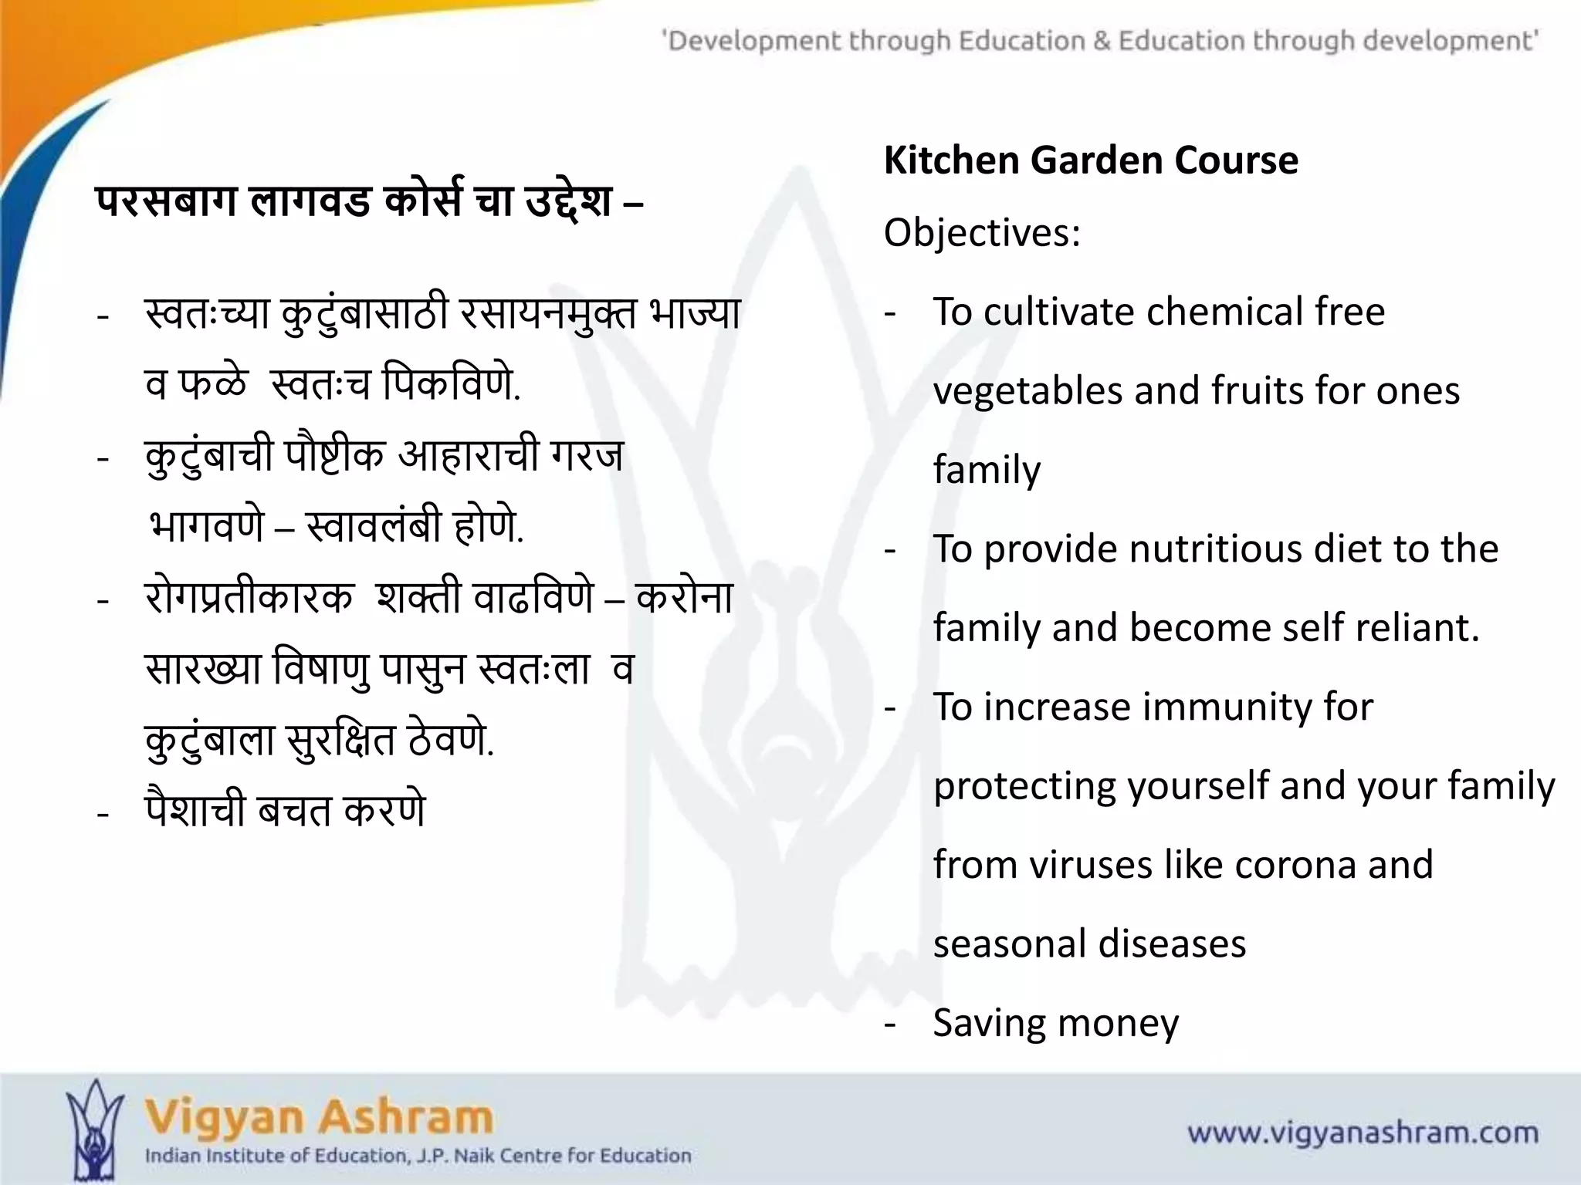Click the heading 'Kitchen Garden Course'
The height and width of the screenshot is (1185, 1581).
click(1090, 160)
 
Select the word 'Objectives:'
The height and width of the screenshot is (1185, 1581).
click(982, 232)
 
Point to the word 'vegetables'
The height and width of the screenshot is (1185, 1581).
click(1027, 390)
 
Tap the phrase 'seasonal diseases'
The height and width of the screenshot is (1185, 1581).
click(1089, 944)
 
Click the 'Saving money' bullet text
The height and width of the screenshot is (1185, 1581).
click(1055, 1023)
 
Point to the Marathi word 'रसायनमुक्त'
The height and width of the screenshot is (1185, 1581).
click(547, 314)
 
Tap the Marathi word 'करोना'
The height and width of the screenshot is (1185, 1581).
click(684, 598)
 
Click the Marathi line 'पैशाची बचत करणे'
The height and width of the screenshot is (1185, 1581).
click(285, 810)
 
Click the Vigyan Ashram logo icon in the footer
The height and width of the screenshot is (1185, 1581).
click(94, 1128)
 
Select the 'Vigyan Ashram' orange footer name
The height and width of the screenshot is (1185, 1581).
click(319, 1117)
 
